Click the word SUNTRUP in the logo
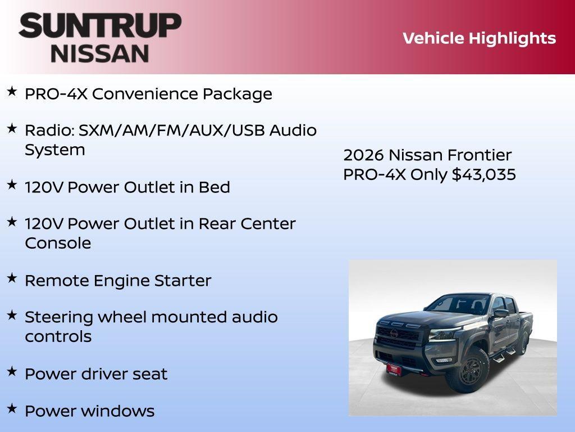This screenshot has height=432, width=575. (100, 26)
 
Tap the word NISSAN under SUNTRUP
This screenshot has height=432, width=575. (100, 53)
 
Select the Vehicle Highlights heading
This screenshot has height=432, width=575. (479, 38)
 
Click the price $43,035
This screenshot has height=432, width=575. (484, 174)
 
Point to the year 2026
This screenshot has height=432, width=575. (363, 155)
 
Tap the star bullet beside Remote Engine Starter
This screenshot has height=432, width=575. (12, 278)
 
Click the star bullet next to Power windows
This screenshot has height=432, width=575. (12, 408)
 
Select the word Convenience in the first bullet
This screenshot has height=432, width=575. (144, 94)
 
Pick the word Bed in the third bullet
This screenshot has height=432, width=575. (214, 187)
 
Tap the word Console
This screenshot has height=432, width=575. (58, 243)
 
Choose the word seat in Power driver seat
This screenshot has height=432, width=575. (151, 374)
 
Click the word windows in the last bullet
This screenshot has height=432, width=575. (122, 411)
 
